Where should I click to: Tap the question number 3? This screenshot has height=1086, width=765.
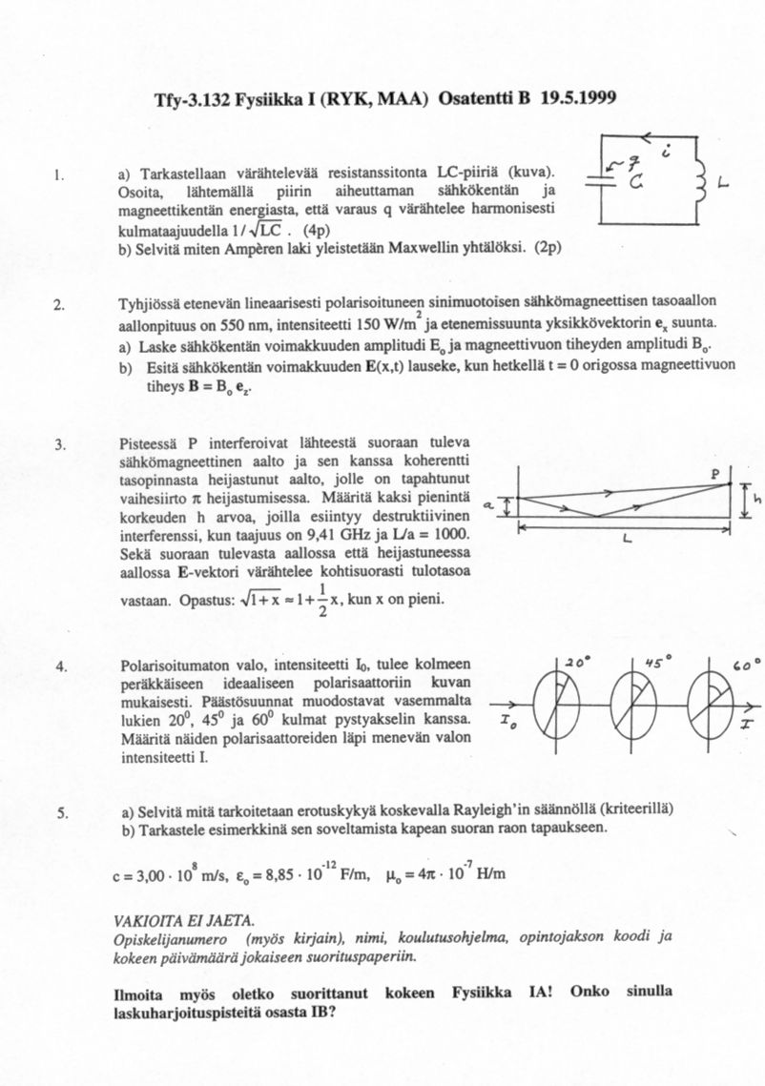click(x=59, y=443)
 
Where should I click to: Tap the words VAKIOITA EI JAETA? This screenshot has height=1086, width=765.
click(x=183, y=920)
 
